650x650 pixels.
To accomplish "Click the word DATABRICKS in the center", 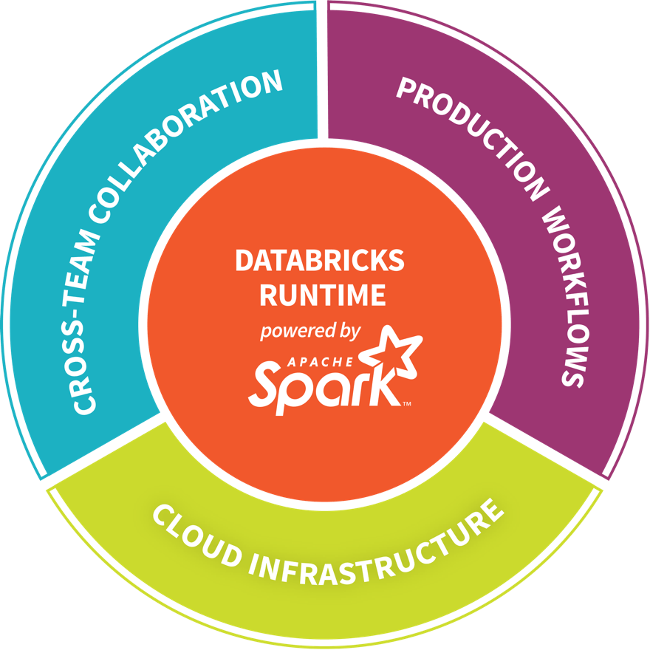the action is [320, 260].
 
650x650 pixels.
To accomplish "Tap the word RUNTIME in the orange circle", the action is [323, 295].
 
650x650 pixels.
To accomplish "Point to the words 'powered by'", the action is [310, 332].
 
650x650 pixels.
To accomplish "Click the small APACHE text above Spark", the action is [320, 362].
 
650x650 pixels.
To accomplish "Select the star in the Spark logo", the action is [391, 352].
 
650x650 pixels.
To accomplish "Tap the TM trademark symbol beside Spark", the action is [407, 403].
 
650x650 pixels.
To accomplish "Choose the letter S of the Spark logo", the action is [268, 383].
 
